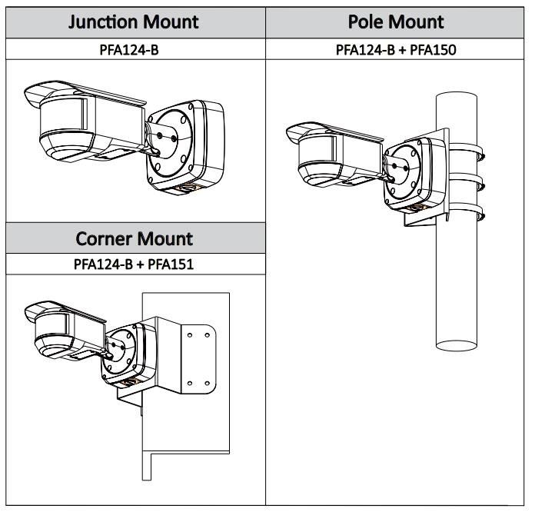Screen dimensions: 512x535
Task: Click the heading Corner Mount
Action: (x=135, y=238)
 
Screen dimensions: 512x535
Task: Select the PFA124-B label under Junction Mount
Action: (x=135, y=50)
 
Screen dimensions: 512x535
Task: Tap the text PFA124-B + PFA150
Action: (x=397, y=50)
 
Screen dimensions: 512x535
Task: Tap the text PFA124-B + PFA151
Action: (x=135, y=266)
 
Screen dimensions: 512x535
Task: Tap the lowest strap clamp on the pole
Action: (x=465, y=208)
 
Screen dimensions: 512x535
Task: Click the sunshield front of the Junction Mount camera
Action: (x=35, y=98)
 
